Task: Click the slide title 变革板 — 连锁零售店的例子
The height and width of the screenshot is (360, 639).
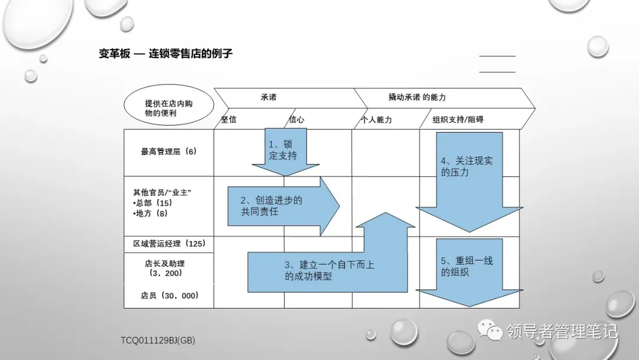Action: (166, 54)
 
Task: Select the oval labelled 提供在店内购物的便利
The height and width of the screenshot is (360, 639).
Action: (169, 108)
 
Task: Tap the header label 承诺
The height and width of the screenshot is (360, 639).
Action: (269, 97)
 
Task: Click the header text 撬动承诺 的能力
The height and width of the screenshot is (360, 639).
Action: (417, 97)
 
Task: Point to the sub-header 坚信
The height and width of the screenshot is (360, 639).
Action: (229, 120)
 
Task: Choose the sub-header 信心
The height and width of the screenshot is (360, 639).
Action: (296, 120)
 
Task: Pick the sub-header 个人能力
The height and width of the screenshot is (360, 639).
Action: (376, 120)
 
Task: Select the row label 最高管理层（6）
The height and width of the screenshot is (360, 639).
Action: (168, 152)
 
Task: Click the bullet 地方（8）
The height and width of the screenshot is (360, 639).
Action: (151, 214)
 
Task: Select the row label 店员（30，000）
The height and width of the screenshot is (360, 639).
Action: (169, 295)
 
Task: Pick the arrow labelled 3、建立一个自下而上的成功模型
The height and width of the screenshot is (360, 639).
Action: (329, 270)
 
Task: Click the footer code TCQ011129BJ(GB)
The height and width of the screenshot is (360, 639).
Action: (158, 340)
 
